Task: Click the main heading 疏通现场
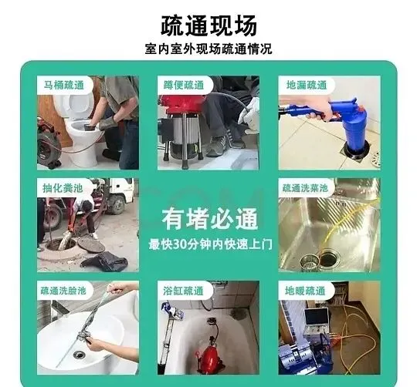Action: pyautogui.click(x=208, y=25)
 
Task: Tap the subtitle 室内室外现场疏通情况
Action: pyautogui.click(x=208, y=49)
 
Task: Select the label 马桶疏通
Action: pyautogui.click(x=64, y=86)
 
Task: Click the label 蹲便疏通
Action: pyautogui.click(x=184, y=86)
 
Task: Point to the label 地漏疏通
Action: pyautogui.click(x=307, y=86)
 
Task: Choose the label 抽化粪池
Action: pyautogui.click(x=63, y=188)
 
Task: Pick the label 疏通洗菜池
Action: pyautogui.click(x=305, y=188)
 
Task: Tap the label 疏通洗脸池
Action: pyautogui.click(x=63, y=291)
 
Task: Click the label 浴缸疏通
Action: pyautogui.click(x=183, y=291)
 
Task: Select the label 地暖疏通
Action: pyautogui.click(x=305, y=291)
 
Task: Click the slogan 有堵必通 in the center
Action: pyautogui.click(x=209, y=219)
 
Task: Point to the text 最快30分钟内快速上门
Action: pyautogui.click(x=210, y=244)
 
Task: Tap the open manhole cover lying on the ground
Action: pyautogui.click(x=91, y=244)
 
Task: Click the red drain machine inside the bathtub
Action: pyautogui.click(x=212, y=355)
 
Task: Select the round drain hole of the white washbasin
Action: pyautogui.click(x=79, y=354)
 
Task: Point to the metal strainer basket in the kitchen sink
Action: pyautogui.click(x=309, y=261)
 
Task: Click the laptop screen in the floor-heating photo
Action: pyautogui.click(x=316, y=317)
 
